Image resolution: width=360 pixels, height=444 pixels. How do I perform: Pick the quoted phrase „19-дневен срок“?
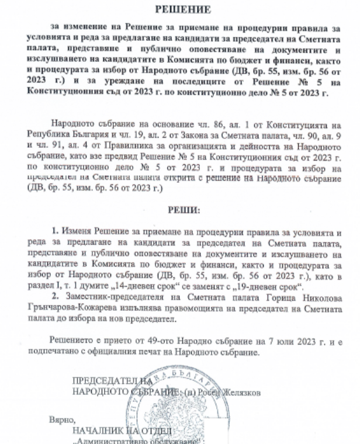point(270,286)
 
